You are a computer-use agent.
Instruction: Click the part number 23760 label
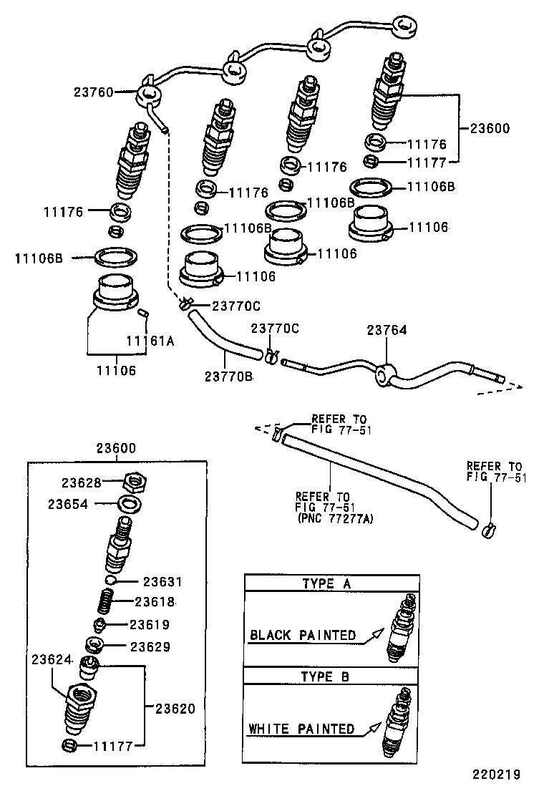click(x=92, y=92)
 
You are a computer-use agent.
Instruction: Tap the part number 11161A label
click(x=150, y=341)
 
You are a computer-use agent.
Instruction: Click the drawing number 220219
click(x=495, y=774)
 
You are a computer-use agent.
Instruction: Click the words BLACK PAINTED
click(x=302, y=635)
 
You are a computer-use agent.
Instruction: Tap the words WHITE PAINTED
click(x=301, y=729)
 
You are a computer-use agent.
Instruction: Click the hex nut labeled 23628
click(x=130, y=482)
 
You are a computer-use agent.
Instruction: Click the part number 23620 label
click(x=175, y=709)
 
